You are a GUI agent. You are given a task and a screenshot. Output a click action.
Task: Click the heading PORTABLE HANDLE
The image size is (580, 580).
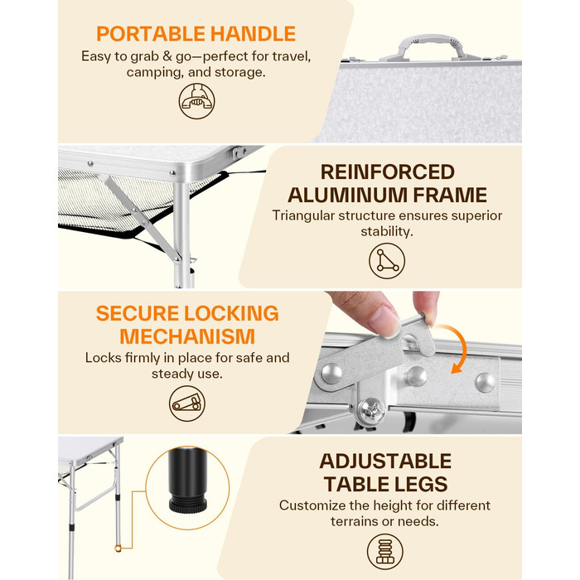(x=196, y=34)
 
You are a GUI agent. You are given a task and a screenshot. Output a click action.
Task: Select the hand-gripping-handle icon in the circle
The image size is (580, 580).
(x=197, y=100)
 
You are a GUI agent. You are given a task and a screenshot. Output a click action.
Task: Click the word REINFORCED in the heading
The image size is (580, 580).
(x=387, y=172)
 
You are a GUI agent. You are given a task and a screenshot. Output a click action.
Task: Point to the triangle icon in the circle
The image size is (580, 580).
(x=387, y=261)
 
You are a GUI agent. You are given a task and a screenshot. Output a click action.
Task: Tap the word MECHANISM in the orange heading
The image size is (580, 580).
(x=187, y=336)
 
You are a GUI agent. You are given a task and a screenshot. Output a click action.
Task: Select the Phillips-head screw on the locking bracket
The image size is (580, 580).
(x=372, y=411)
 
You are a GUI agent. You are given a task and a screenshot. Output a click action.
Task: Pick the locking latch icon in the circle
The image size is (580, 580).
(x=187, y=404)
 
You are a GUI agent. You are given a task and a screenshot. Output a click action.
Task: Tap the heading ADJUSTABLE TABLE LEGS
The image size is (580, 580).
(x=385, y=472)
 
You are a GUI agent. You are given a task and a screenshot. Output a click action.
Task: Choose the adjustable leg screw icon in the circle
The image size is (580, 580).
(x=385, y=552)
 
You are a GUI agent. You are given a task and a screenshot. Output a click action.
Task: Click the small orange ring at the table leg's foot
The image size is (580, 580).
(x=118, y=548)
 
